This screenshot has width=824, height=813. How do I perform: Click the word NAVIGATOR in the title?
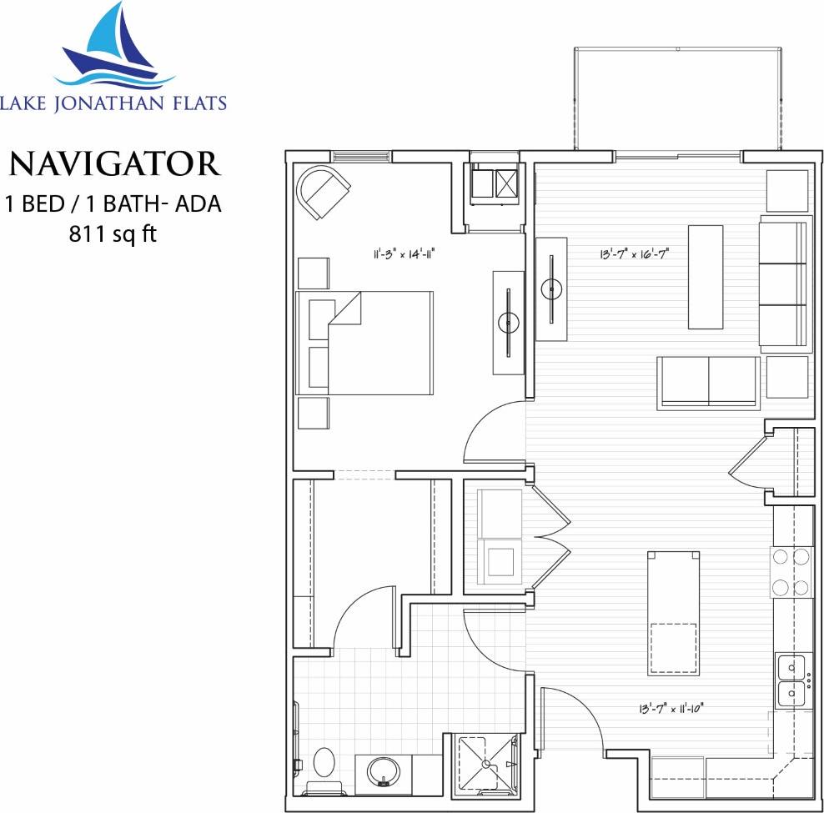tap(115, 163)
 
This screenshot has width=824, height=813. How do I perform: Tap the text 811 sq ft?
tap(113, 233)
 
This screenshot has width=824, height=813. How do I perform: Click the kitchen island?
tap(673, 613)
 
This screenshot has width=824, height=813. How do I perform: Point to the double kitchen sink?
tap(791, 680)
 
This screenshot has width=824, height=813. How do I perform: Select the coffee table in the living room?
tap(705, 277)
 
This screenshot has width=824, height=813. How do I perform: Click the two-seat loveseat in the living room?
tap(709, 382)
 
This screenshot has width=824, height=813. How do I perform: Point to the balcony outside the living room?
tap(677, 100)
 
